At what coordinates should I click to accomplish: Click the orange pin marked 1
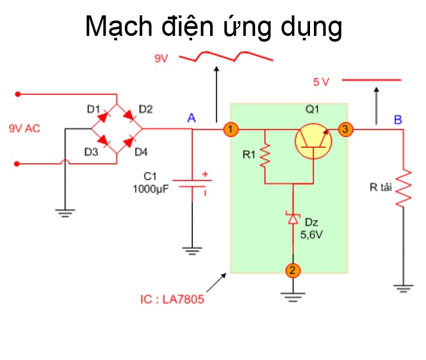pyautogui.click(x=231, y=129)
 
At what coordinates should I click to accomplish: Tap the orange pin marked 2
pyautogui.click(x=293, y=270)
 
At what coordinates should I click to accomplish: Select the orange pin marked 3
pyautogui.click(x=345, y=129)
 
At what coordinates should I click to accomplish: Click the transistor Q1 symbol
pyautogui.click(x=313, y=142)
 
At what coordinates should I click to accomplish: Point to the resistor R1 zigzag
pyautogui.click(x=265, y=156)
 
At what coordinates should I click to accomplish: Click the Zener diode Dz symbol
pyautogui.click(x=293, y=218)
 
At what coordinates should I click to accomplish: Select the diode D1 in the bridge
pyautogui.click(x=103, y=117)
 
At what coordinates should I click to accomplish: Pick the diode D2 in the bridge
pyautogui.click(x=129, y=115)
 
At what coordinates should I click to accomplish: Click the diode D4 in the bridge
pyautogui.click(x=129, y=142)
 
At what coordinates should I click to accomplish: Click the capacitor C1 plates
pyautogui.click(x=192, y=184)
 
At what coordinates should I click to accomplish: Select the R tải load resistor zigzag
pyautogui.click(x=404, y=188)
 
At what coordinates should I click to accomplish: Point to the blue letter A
pyautogui.click(x=192, y=119)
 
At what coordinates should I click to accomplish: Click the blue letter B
pyautogui.click(x=398, y=120)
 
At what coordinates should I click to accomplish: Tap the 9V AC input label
pyautogui.click(x=24, y=129)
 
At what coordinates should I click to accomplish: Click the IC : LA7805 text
pyautogui.click(x=172, y=299)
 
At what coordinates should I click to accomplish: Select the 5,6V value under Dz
pyautogui.click(x=311, y=234)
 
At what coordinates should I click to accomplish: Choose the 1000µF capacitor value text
pyautogui.click(x=151, y=189)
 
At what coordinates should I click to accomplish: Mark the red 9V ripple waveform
pyautogui.click(x=225, y=56)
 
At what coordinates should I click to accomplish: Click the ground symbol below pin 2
pyautogui.click(x=293, y=297)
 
